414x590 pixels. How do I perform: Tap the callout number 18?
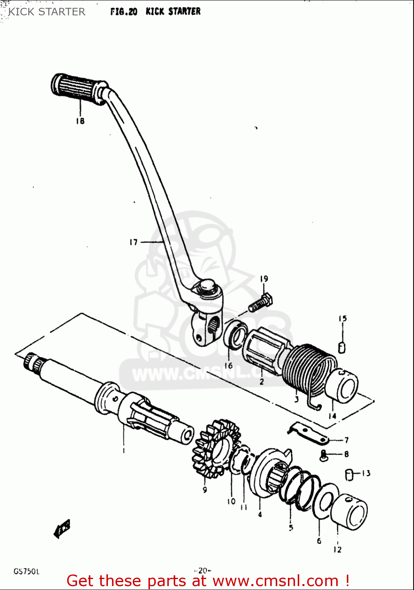[80, 121]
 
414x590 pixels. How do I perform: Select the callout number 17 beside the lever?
[134, 242]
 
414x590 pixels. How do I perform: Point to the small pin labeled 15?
[342, 348]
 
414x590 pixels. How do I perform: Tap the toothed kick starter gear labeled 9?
[216, 448]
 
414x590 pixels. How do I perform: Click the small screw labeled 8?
[324, 455]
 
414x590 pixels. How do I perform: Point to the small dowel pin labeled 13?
[348, 475]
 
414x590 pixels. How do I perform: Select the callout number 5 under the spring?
[291, 528]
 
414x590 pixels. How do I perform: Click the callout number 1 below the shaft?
[124, 450]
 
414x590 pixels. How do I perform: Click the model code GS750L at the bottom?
[26, 571]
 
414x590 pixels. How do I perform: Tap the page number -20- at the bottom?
[203, 570]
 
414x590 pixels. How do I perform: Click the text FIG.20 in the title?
[124, 12]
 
